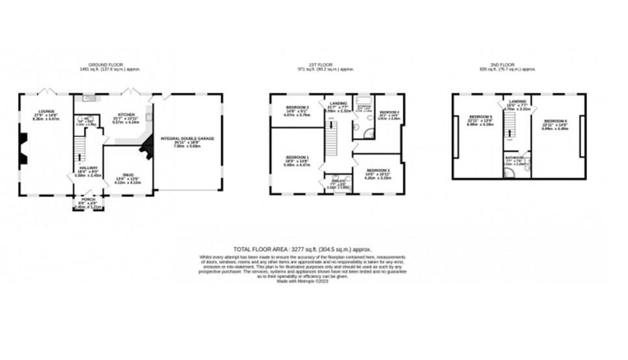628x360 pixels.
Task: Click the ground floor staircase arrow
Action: (x=80, y=156)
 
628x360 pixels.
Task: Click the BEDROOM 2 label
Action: (x=298, y=109)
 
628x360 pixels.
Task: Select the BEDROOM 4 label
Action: (x=389, y=113)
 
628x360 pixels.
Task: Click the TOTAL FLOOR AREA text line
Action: (x=303, y=249)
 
